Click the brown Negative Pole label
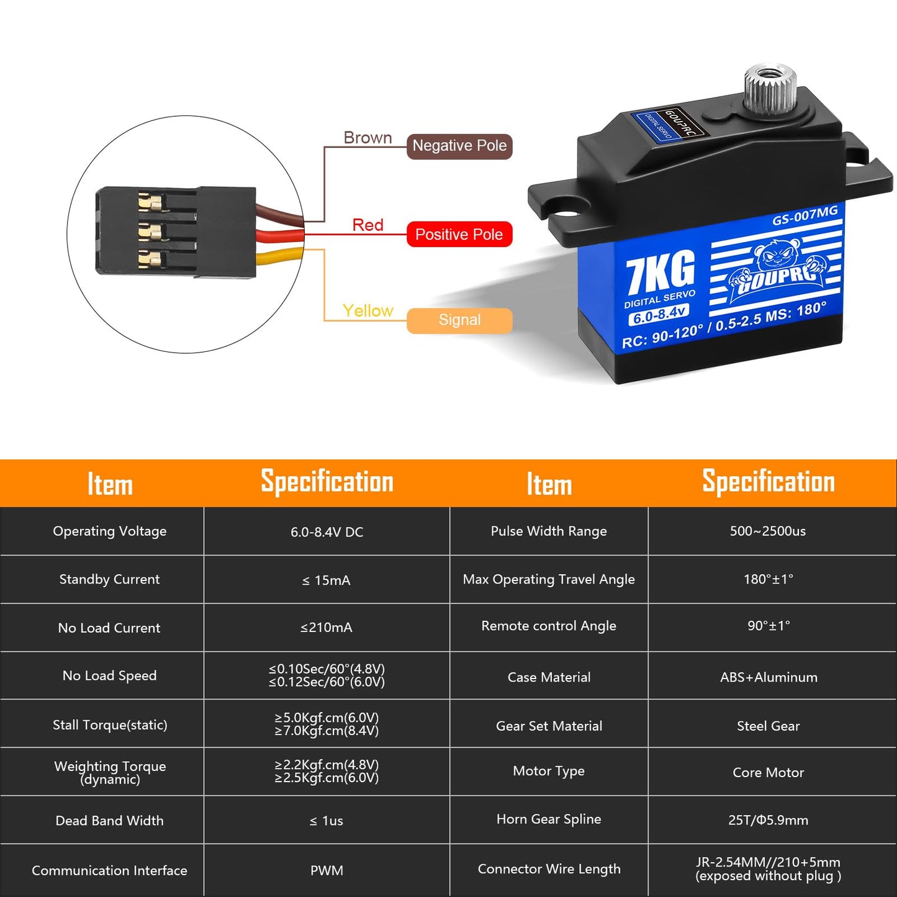tap(459, 146)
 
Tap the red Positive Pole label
tap(459, 234)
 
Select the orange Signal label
tap(459, 320)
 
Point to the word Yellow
tap(367, 310)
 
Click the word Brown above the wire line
tap(367, 138)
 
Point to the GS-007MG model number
tap(805, 215)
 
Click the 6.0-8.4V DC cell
tap(327, 532)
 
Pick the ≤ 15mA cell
tap(327, 580)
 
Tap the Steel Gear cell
tap(768, 726)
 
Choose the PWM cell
tap(327, 870)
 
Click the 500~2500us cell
tap(768, 531)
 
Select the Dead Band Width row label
tap(109, 820)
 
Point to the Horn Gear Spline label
tap(549, 819)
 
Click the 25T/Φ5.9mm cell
tap(768, 820)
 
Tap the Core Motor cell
tap(768, 772)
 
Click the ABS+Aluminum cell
tap(769, 677)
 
